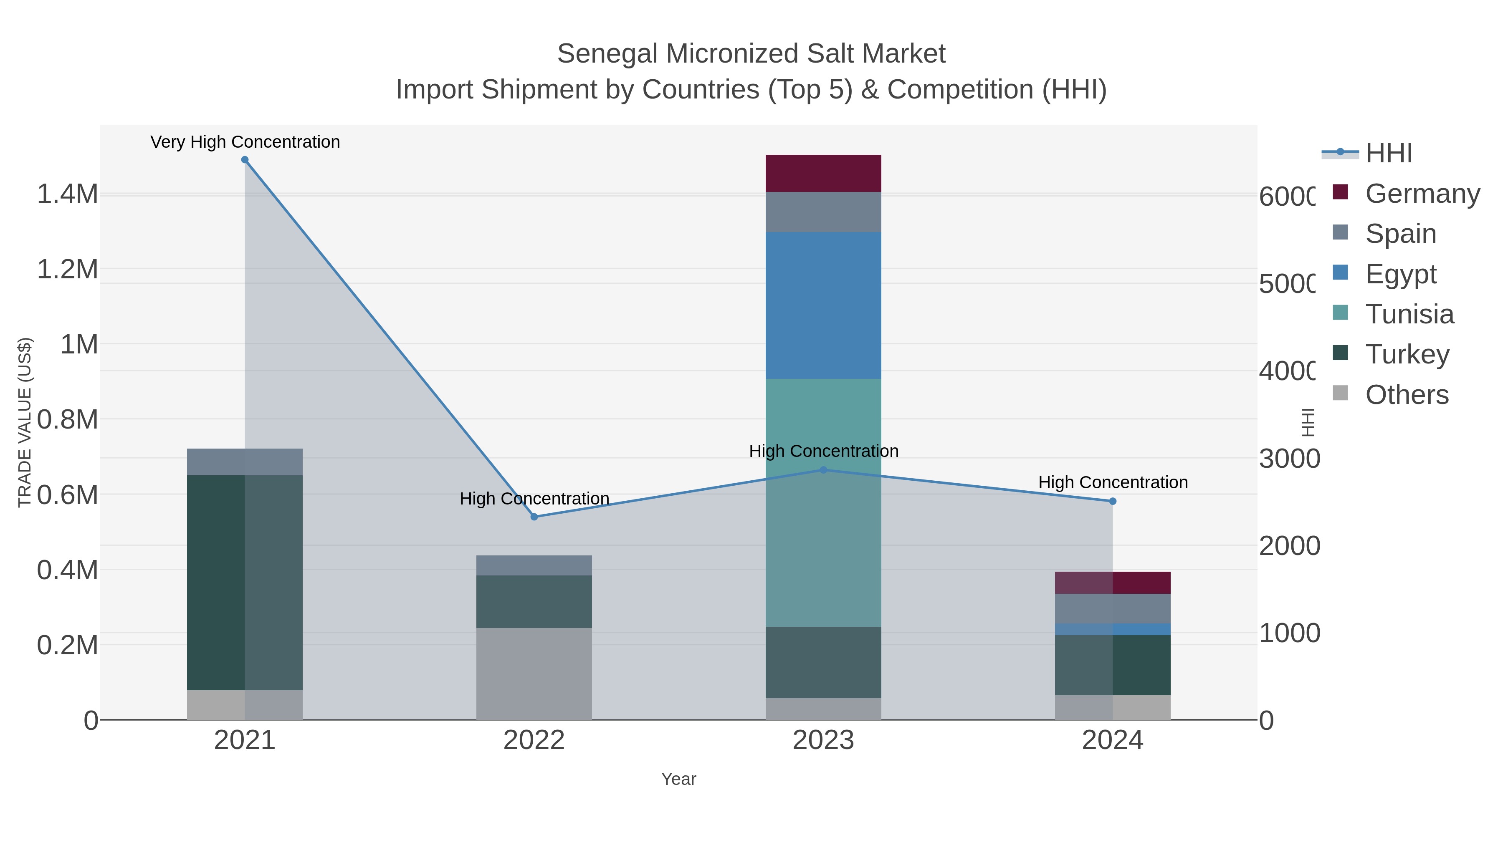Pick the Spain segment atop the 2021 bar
pos(245,462)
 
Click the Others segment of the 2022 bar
pos(534,673)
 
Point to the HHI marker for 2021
pos(245,160)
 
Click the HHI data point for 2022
pos(534,517)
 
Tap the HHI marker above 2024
pos(1112,501)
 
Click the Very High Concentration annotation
pos(245,142)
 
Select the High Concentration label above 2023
pos(823,451)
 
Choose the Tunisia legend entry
pos(1409,314)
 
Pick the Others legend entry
pos(1406,395)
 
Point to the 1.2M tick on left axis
pos(67,270)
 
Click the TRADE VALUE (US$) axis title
pos(25,422)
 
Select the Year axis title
pos(678,779)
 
